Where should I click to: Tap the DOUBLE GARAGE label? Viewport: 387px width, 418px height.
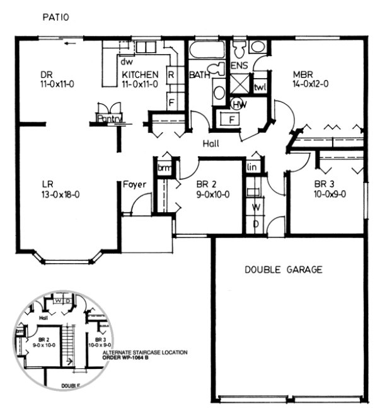point(283,269)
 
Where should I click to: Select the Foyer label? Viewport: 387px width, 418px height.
point(135,184)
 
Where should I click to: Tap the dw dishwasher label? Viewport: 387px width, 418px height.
point(126,62)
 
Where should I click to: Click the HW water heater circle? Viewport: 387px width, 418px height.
point(239,104)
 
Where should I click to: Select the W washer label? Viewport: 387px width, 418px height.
point(257,206)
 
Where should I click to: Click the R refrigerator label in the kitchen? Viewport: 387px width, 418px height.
point(171,74)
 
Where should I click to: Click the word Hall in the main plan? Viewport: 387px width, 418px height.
point(211,144)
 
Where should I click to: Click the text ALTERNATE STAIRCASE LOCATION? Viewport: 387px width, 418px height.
point(144,352)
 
